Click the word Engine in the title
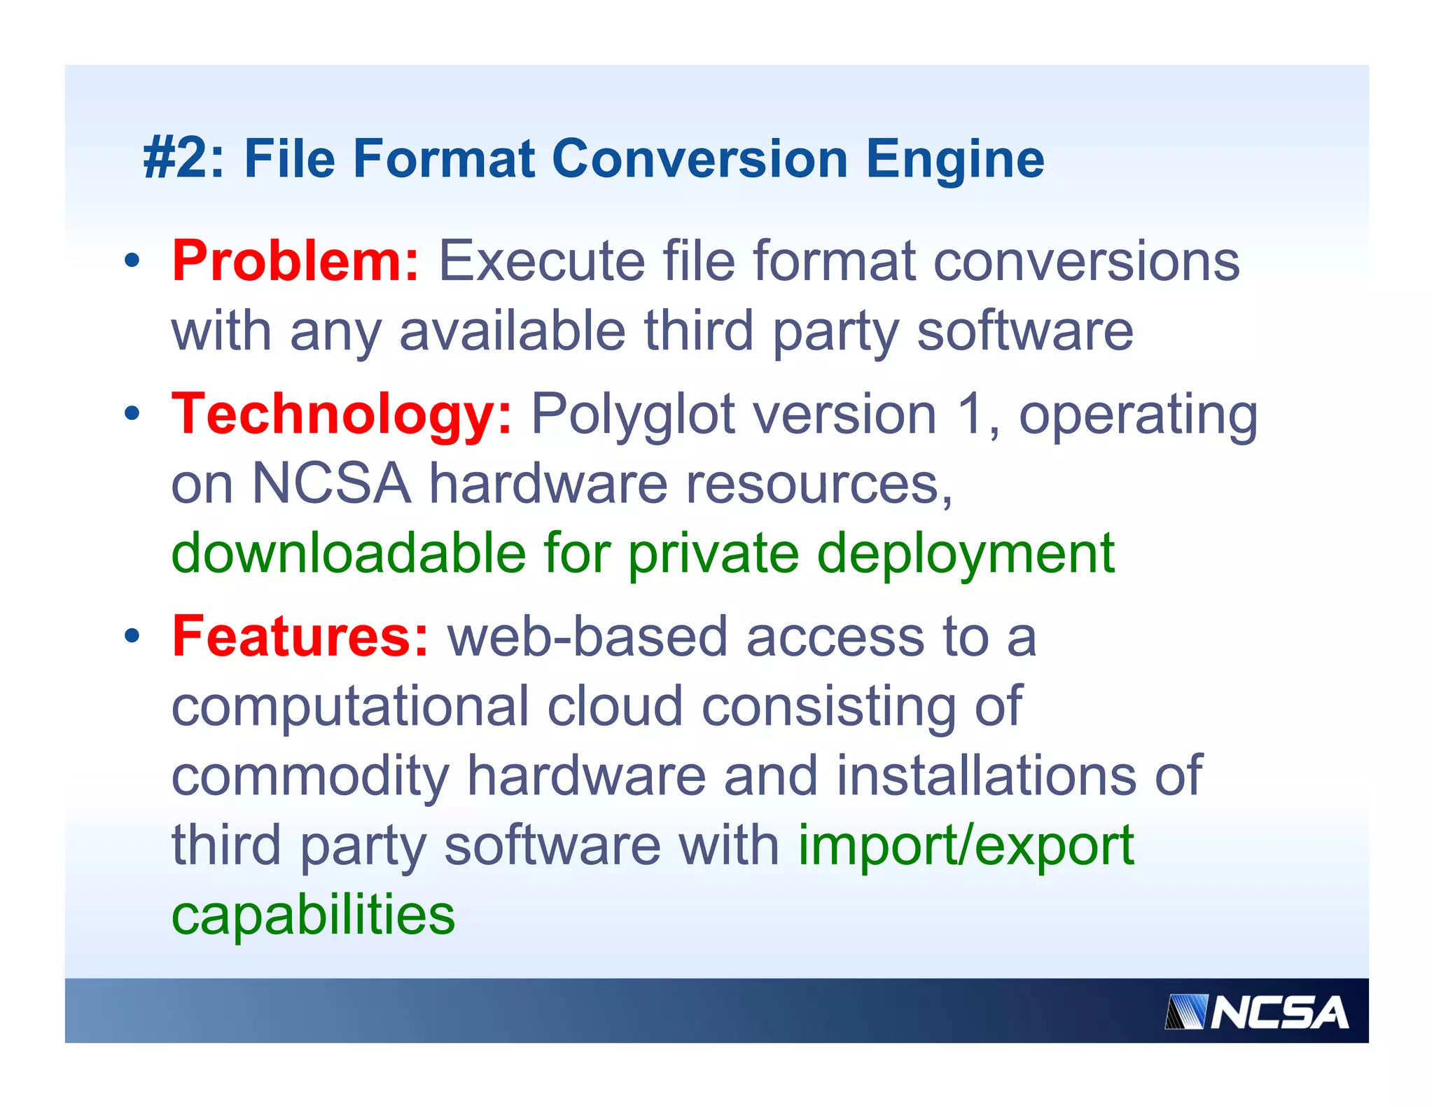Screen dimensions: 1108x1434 pos(955,160)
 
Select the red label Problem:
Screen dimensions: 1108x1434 pos(295,261)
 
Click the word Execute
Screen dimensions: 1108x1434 pos(541,261)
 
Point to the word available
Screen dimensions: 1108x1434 pos(512,331)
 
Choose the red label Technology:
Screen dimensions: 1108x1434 pos(342,414)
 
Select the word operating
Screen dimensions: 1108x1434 pos(1138,415)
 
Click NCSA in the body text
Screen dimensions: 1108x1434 pos(330,483)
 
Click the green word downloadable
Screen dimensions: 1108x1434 pos(349,553)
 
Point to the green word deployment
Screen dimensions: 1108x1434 pos(966,554)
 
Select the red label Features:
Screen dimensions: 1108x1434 pos(300,636)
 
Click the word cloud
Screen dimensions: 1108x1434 pos(615,705)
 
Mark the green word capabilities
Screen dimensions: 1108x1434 pos(313,915)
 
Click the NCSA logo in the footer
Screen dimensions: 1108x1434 pos(1256,1012)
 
